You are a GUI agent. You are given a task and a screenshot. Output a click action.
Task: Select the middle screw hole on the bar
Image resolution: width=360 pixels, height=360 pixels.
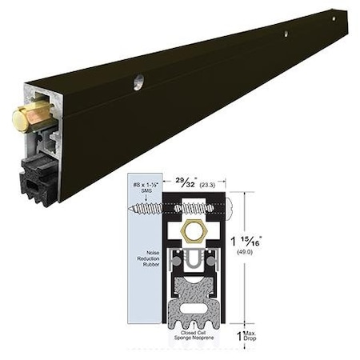point(286,34)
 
